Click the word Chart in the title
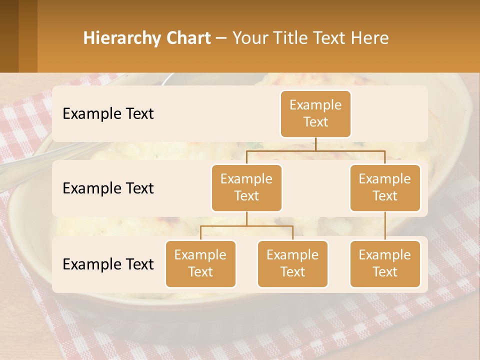point(188,38)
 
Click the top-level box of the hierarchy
point(315,113)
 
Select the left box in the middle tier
point(246,187)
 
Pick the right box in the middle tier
point(385,187)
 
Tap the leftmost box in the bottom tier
point(200,263)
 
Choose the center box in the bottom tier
point(292,263)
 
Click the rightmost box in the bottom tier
point(385,263)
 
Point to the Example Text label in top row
point(108,113)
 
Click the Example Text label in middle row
point(108,188)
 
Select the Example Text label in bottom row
point(108,264)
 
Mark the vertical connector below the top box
point(315,144)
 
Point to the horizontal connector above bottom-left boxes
point(246,226)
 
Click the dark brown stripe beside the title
point(28,36)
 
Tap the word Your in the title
point(250,38)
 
